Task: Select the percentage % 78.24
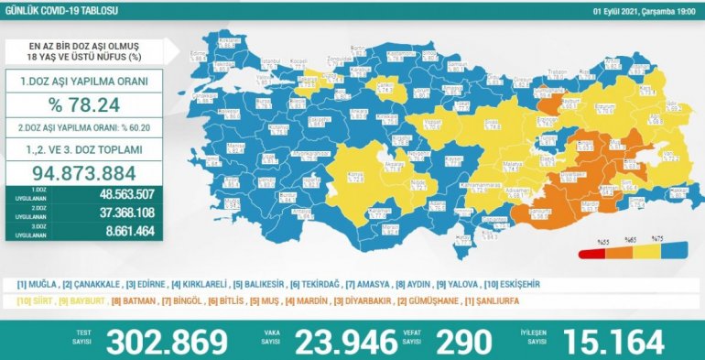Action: coord(84,106)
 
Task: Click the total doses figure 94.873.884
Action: coord(83,172)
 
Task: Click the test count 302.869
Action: coord(167,342)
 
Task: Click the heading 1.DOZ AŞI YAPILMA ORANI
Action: coord(84,81)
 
